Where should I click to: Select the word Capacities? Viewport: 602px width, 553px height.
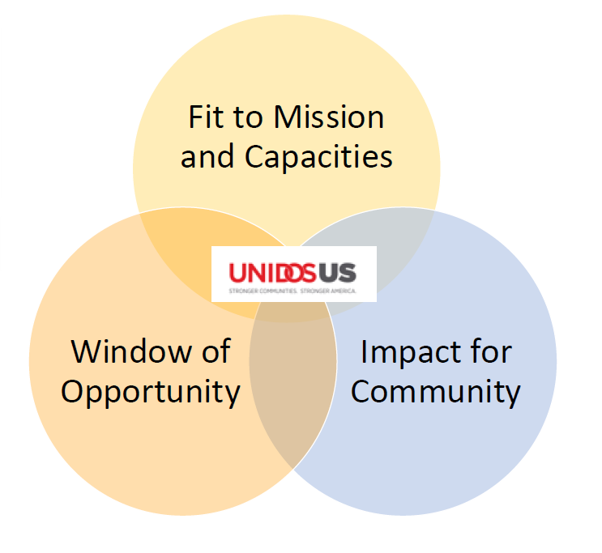click(319, 157)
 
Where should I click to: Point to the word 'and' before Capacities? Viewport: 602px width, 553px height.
click(207, 157)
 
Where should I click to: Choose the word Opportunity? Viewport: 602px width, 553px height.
click(151, 392)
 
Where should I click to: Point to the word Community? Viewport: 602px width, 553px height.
click(435, 392)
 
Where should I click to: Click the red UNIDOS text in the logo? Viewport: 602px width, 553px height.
click(275, 272)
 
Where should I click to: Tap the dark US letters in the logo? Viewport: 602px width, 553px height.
click(339, 272)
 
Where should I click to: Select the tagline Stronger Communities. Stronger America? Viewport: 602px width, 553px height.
click(292, 290)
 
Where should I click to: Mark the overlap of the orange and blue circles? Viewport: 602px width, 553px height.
click(292, 381)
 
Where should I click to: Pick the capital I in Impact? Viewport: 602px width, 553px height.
click(364, 352)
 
